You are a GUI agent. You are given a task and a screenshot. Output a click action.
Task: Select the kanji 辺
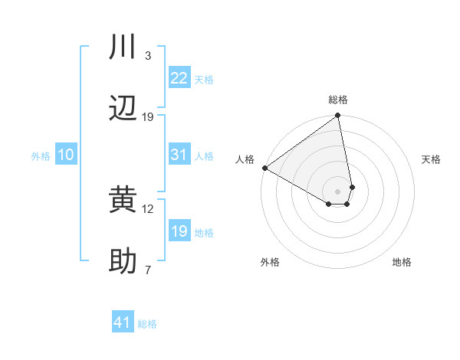pyautogui.click(x=123, y=109)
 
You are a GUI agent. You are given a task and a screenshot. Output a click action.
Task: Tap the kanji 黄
pyautogui.click(x=123, y=201)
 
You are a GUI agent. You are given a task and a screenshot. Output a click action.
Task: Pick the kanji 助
pyautogui.click(x=123, y=262)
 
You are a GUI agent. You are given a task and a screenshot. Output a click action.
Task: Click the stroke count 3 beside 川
pyautogui.click(x=148, y=56)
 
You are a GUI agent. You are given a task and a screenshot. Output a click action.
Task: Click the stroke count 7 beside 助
pyautogui.click(x=148, y=270)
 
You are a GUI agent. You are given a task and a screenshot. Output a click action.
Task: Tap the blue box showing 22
pyautogui.click(x=179, y=78)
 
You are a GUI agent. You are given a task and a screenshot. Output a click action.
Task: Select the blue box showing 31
pyautogui.click(x=179, y=155)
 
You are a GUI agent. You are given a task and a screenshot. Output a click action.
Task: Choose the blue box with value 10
pyautogui.click(x=65, y=155)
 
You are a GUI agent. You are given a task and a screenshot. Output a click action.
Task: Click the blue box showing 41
pyautogui.click(x=123, y=323)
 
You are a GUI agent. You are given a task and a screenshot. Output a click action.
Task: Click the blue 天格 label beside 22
pyautogui.click(x=204, y=80)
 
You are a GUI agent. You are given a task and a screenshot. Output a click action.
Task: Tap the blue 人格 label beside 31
pyautogui.click(x=204, y=156)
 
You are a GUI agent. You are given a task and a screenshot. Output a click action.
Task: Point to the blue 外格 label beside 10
pyautogui.click(x=41, y=156)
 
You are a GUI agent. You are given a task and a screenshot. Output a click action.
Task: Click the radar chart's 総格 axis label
pyautogui.click(x=338, y=100)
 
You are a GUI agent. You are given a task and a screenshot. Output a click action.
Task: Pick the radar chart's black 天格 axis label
pyautogui.click(x=431, y=159)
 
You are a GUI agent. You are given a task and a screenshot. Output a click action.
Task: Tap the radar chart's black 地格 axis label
pyautogui.click(x=402, y=262)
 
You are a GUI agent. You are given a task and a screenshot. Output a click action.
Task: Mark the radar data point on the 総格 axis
pyautogui.click(x=338, y=116)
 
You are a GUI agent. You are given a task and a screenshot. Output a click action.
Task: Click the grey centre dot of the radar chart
pyautogui.click(x=338, y=191)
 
